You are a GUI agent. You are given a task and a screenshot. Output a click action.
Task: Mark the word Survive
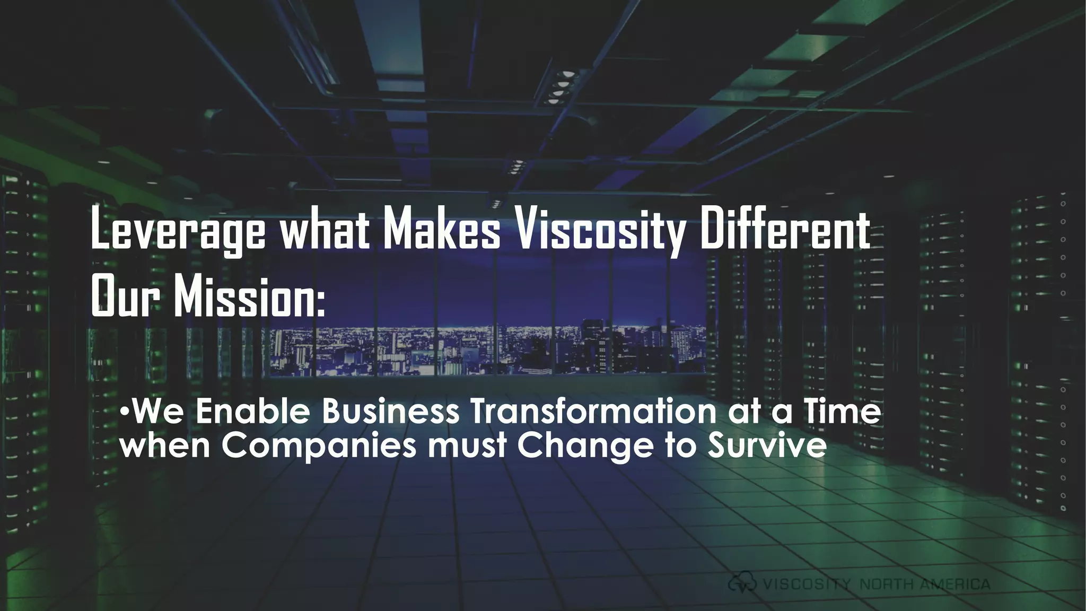pos(766,446)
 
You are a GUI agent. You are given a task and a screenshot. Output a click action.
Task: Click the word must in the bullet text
pos(467,446)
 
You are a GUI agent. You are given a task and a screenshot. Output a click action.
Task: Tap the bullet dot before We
pos(124,412)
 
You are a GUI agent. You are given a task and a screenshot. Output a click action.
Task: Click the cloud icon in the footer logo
pos(742,584)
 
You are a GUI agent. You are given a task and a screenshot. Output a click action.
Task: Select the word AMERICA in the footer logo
pos(954,584)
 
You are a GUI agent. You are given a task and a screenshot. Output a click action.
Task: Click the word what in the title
pos(325,229)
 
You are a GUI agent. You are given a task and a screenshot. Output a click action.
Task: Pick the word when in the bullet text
pos(165,446)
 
